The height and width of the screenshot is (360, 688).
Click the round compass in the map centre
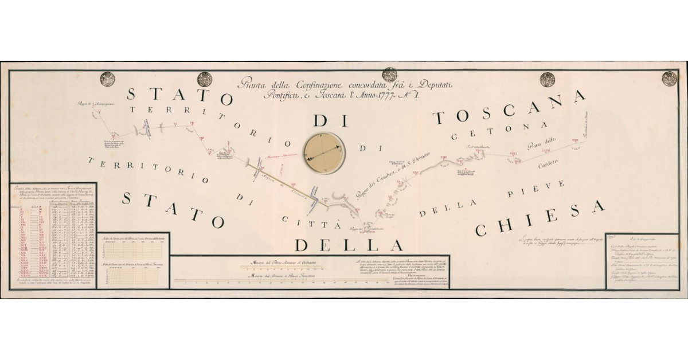325,154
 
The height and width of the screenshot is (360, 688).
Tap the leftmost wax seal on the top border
107,79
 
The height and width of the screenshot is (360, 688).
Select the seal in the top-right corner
669,79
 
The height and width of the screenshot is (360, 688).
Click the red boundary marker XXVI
513,154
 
